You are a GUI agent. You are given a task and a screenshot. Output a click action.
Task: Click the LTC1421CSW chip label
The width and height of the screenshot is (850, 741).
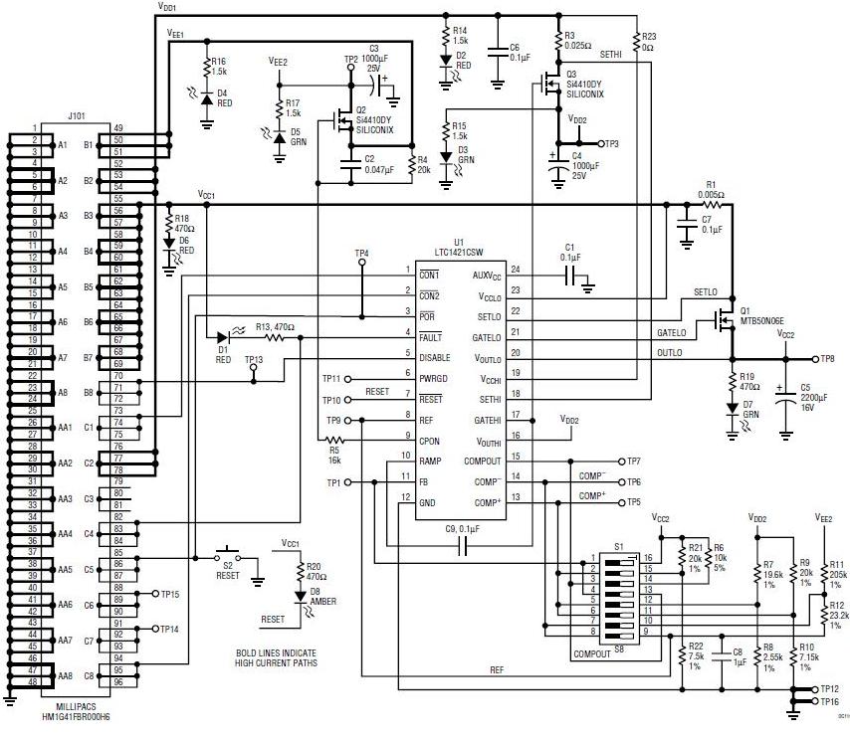point(459,254)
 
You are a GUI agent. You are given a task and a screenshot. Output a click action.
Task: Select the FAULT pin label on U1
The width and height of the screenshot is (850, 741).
point(432,338)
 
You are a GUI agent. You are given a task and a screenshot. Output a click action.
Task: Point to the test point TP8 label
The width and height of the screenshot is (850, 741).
point(827,358)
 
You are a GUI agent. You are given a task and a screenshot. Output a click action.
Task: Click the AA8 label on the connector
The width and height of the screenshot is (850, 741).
point(65,677)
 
